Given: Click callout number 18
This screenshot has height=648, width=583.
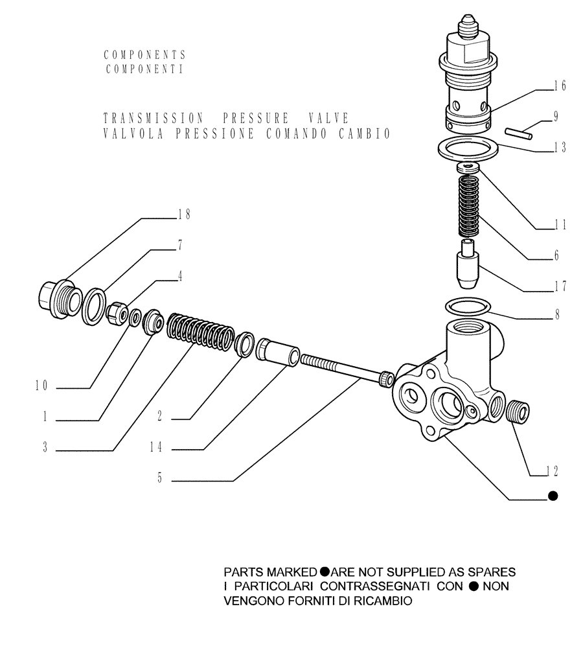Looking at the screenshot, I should tap(184, 214).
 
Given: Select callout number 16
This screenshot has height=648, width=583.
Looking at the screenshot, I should tap(560, 86).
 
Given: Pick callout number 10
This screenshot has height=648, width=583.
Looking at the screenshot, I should tap(41, 387).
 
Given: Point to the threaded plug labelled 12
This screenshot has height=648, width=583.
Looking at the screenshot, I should tap(520, 411).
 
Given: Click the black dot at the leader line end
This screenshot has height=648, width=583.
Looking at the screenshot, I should tap(553, 496).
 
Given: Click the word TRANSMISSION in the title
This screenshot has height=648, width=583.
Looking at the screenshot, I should tap(154, 119).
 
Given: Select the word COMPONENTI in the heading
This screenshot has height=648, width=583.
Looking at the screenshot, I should tap(144, 69).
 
